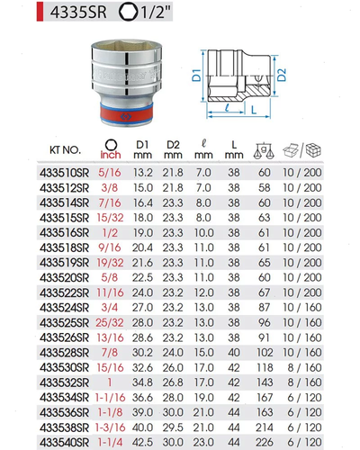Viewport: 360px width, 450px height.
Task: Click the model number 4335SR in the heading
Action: point(78,12)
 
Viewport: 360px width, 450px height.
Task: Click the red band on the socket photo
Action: point(126,115)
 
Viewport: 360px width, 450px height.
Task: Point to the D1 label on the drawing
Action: point(196,75)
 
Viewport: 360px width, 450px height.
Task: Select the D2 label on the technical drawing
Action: point(282,75)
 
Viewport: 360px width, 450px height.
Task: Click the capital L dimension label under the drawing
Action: point(254,110)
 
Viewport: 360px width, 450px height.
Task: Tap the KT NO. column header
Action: point(65,149)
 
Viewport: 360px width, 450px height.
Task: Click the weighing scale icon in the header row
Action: point(264,150)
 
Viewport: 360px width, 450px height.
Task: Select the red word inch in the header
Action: point(111,155)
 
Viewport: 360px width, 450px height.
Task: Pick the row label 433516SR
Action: point(65,233)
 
